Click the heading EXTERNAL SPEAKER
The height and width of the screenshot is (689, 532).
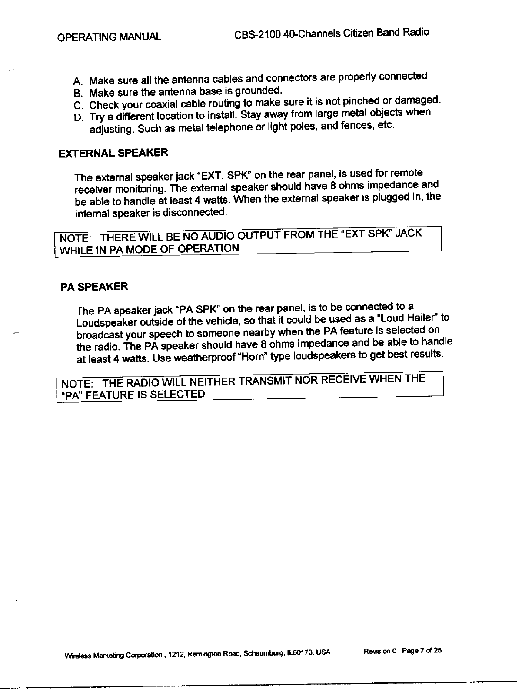113,154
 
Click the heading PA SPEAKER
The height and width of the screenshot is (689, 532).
94,287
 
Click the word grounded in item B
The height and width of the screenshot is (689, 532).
259,91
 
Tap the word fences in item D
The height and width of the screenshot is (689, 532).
357,127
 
